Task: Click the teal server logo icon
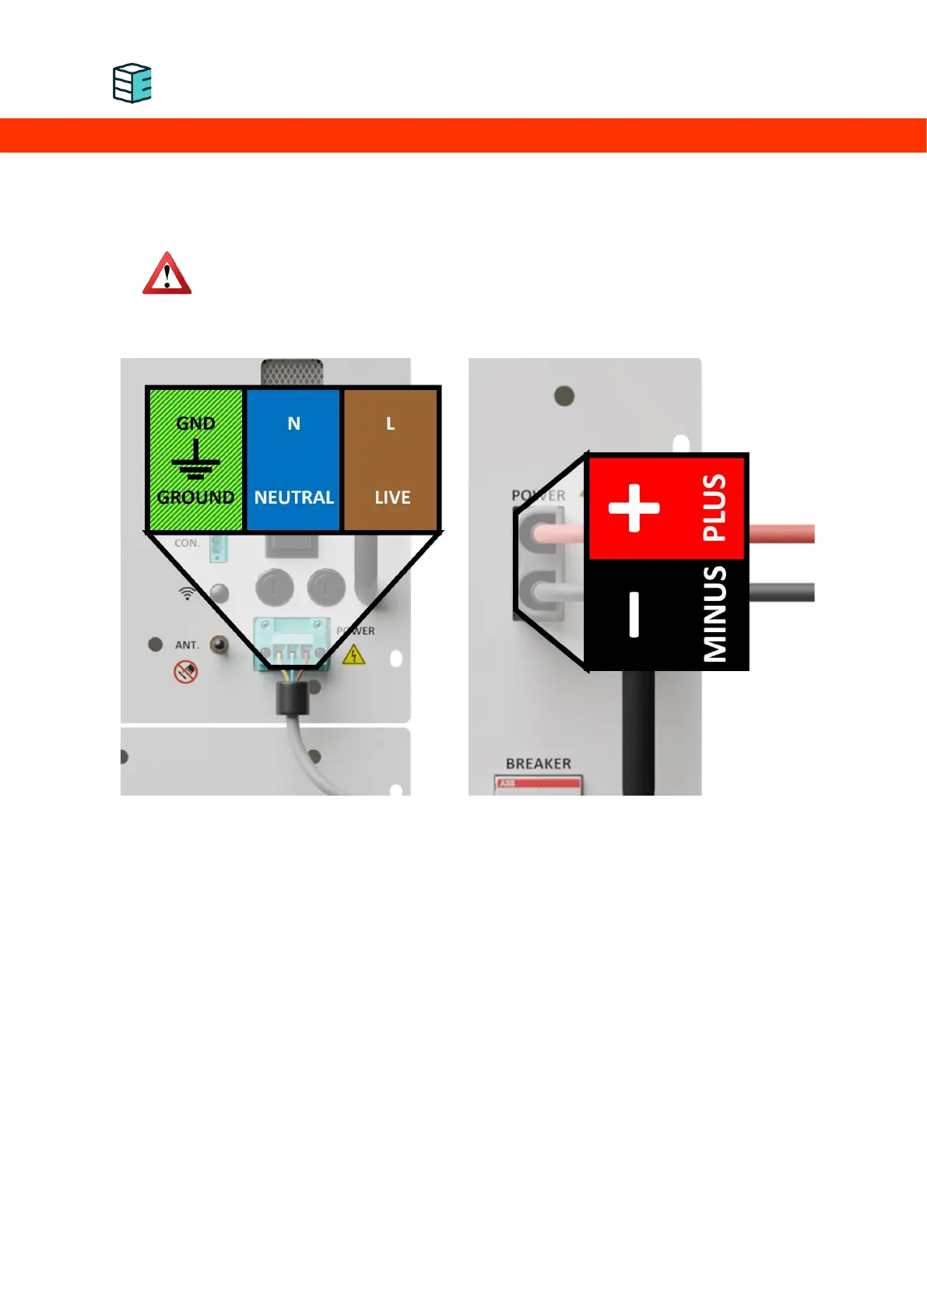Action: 132,83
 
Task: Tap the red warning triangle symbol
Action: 167,274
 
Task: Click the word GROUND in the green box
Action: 195,497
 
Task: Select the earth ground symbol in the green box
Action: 195,460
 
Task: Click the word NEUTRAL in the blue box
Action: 293,497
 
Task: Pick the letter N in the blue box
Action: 293,424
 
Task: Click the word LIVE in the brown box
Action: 392,497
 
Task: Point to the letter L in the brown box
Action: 391,424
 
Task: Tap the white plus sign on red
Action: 634,508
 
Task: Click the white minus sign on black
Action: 634,614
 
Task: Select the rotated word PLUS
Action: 715,508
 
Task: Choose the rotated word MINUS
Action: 715,614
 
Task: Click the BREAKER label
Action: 538,764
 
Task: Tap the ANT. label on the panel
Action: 187,645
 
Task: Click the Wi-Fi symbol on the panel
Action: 187,593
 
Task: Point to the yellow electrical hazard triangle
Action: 354,655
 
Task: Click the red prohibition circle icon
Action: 185,671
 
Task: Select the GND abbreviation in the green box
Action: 195,424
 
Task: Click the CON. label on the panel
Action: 187,543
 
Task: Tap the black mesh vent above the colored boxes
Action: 292,372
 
